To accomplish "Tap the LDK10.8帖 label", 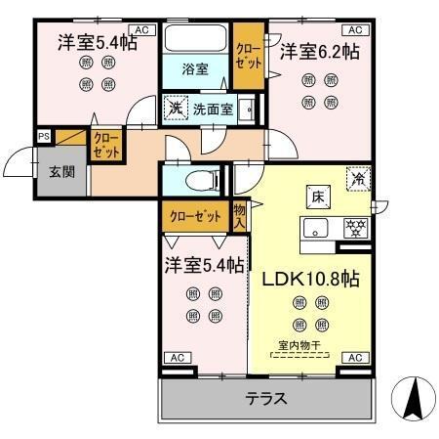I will [x=310, y=278].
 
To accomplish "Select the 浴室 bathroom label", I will [x=195, y=68].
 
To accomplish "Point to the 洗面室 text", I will [x=212, y=109].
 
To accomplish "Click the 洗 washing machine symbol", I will [x=176, y=108].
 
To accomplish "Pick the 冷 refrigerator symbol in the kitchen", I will [x=358, y=180].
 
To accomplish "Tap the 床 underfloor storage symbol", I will [x=317, y=196].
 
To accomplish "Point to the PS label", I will [x=44, y=137].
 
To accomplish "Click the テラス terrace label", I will [x=265, y=398].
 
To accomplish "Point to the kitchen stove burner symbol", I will [x=357, y=229].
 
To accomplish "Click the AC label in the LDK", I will [x=355, y=358].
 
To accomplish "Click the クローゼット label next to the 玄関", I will [x=104, y=147].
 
